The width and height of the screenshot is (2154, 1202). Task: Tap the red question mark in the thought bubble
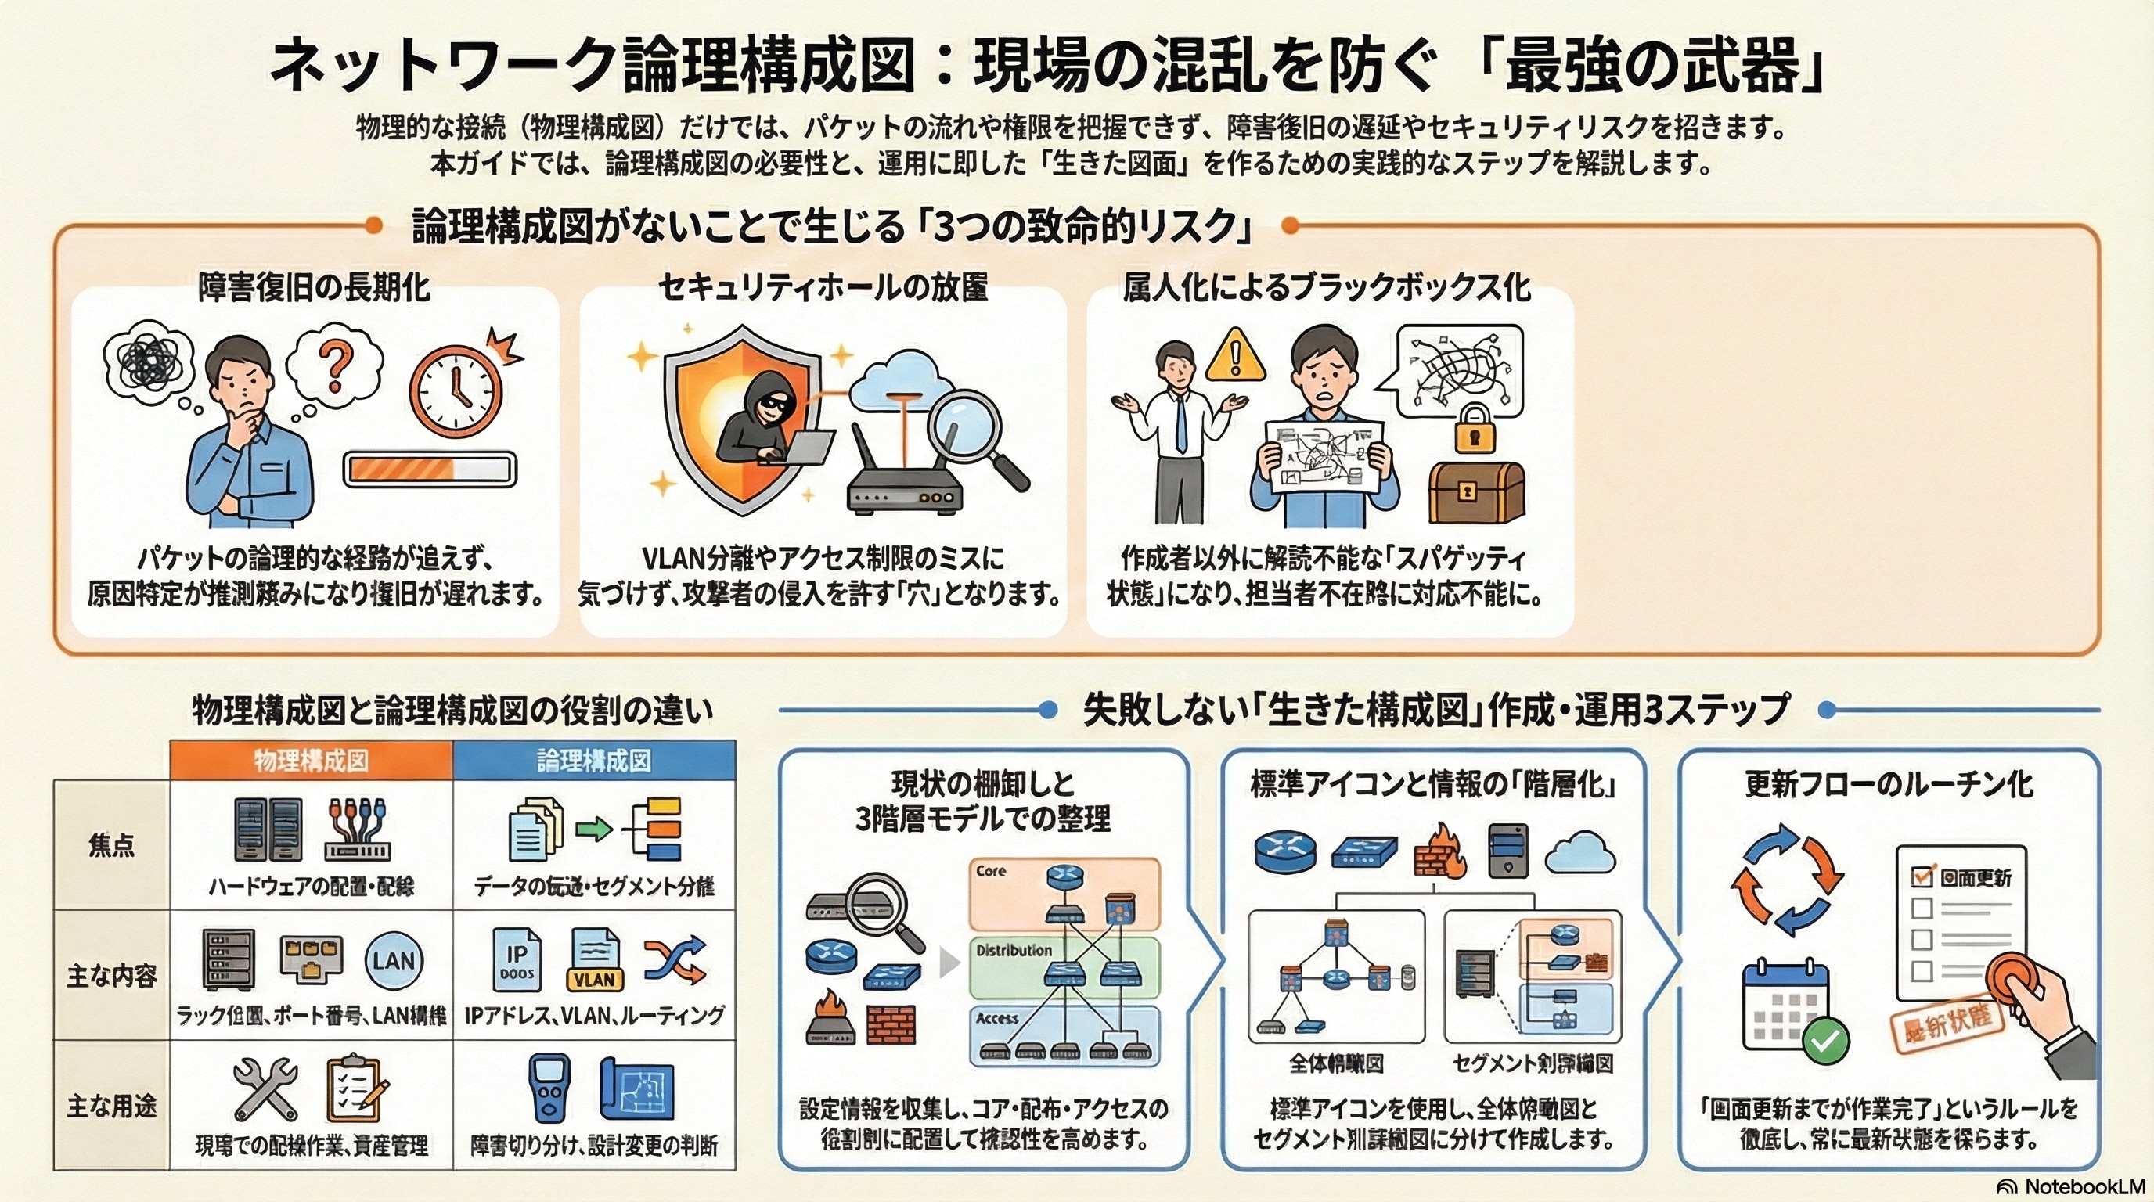coord(336,368)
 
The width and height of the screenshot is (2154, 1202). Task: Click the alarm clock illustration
coord(456,391)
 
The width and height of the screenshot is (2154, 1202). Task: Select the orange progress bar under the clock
coord(430,469)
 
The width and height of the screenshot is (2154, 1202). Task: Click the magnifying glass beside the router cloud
coord(978,434)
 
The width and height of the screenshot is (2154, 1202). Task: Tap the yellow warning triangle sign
coord(1235,355)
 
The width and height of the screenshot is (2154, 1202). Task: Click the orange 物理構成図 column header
coord(311,761)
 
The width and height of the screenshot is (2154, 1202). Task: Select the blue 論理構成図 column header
coord(594,761)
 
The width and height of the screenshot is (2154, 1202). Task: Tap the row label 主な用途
coord(112,1107)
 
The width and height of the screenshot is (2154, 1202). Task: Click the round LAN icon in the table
coord(394,961)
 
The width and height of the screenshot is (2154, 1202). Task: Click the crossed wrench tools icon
coord(265,1089)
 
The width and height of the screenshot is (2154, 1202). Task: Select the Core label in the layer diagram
coord(991,871)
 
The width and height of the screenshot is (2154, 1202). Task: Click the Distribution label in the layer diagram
coord(1014,950)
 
